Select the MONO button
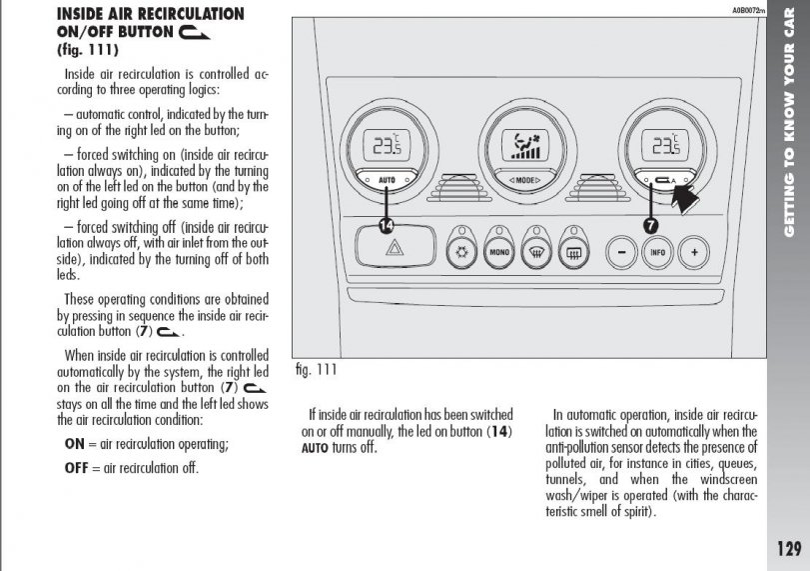[499, 251]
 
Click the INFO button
[656, 252]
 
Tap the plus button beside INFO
[691, 252]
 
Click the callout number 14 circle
[387, 226]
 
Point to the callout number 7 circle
[650, 226]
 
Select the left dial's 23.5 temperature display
[384, 146]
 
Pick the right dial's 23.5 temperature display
[663, 146]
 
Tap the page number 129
[787, 548]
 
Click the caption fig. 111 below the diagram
[317, 370]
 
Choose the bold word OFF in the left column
[77, 467]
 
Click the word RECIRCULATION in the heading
[186, 14]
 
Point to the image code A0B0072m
[747, 10]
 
